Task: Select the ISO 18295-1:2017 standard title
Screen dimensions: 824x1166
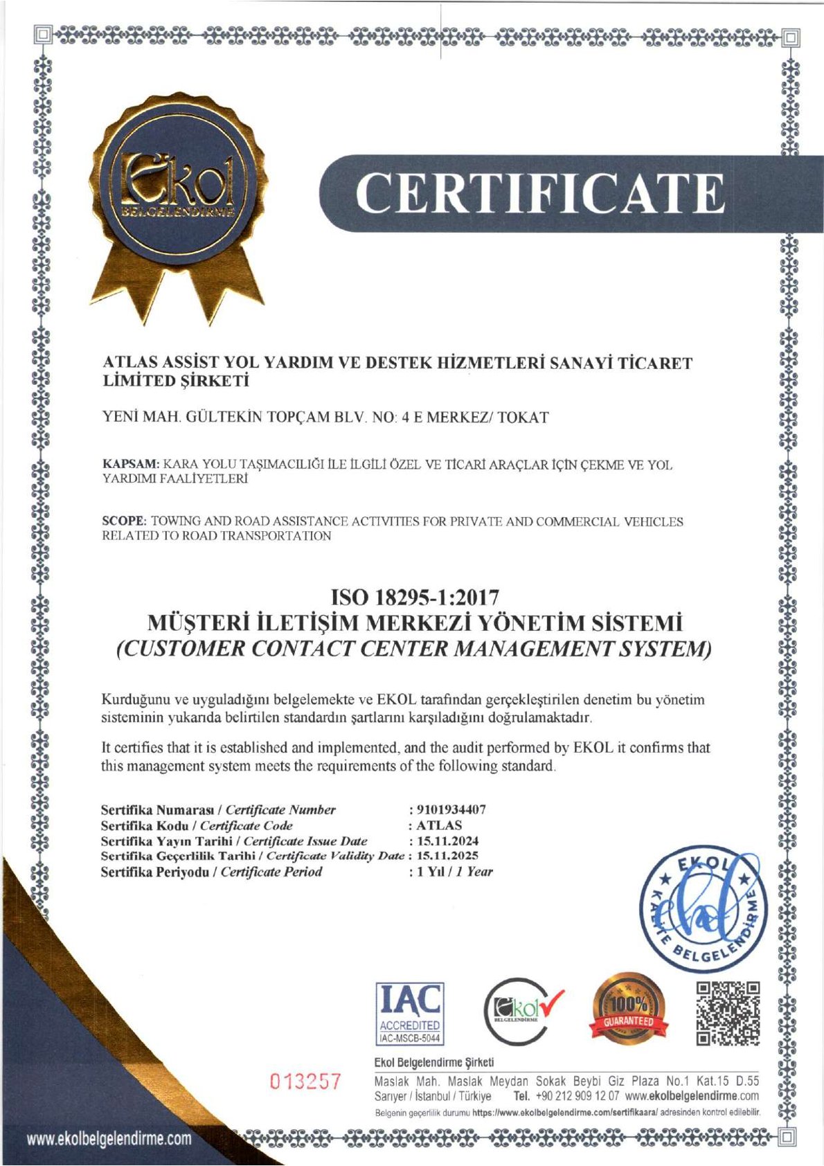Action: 415,596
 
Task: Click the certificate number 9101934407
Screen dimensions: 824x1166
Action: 451,809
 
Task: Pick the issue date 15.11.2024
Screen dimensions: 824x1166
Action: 448,841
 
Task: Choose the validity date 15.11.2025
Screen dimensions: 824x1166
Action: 448,856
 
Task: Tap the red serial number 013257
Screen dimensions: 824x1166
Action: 306,1082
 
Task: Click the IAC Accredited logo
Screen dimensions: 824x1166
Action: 410,1013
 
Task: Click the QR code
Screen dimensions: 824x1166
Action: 728,1013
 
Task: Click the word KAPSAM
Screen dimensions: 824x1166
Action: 131,464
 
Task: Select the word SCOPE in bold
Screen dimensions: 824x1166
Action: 124,521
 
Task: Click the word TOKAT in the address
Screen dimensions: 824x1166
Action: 523,418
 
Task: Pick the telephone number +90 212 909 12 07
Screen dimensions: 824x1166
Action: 577,1096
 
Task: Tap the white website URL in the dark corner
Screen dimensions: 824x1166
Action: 109,1139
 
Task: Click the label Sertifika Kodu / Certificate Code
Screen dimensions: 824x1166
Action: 197,825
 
